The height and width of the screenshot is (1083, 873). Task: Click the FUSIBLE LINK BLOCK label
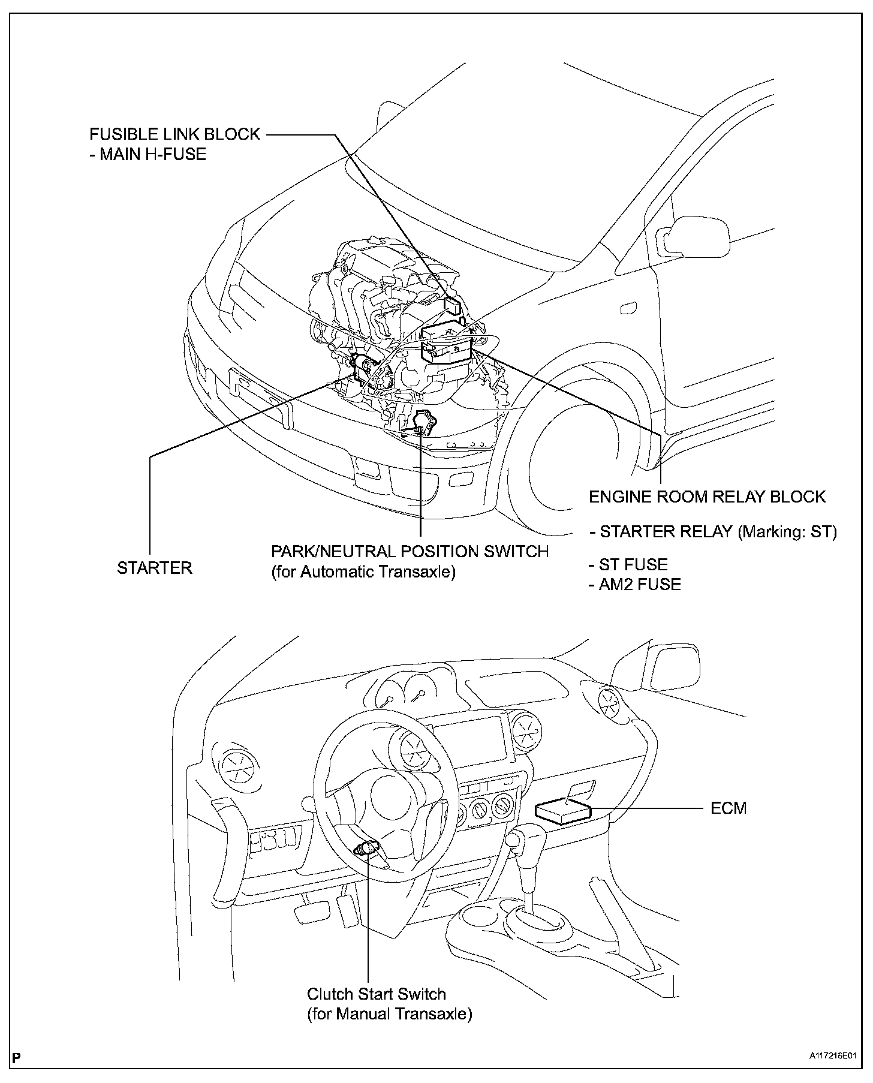click(174, 134)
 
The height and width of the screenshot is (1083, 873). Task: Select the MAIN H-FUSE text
click(152, 154)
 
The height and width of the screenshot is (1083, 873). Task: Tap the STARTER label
click(154, 568)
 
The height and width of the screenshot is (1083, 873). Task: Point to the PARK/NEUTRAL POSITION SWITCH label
click(410, 551)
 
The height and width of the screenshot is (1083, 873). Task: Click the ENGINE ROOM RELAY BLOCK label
click(707, 497)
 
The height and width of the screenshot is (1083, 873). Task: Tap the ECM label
click(728, 808)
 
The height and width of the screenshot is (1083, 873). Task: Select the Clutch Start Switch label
click(377, 994)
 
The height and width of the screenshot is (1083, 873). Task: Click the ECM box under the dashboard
click(562, 813)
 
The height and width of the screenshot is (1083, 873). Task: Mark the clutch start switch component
click(365, 849)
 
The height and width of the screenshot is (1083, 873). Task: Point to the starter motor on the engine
click(363, 367)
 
